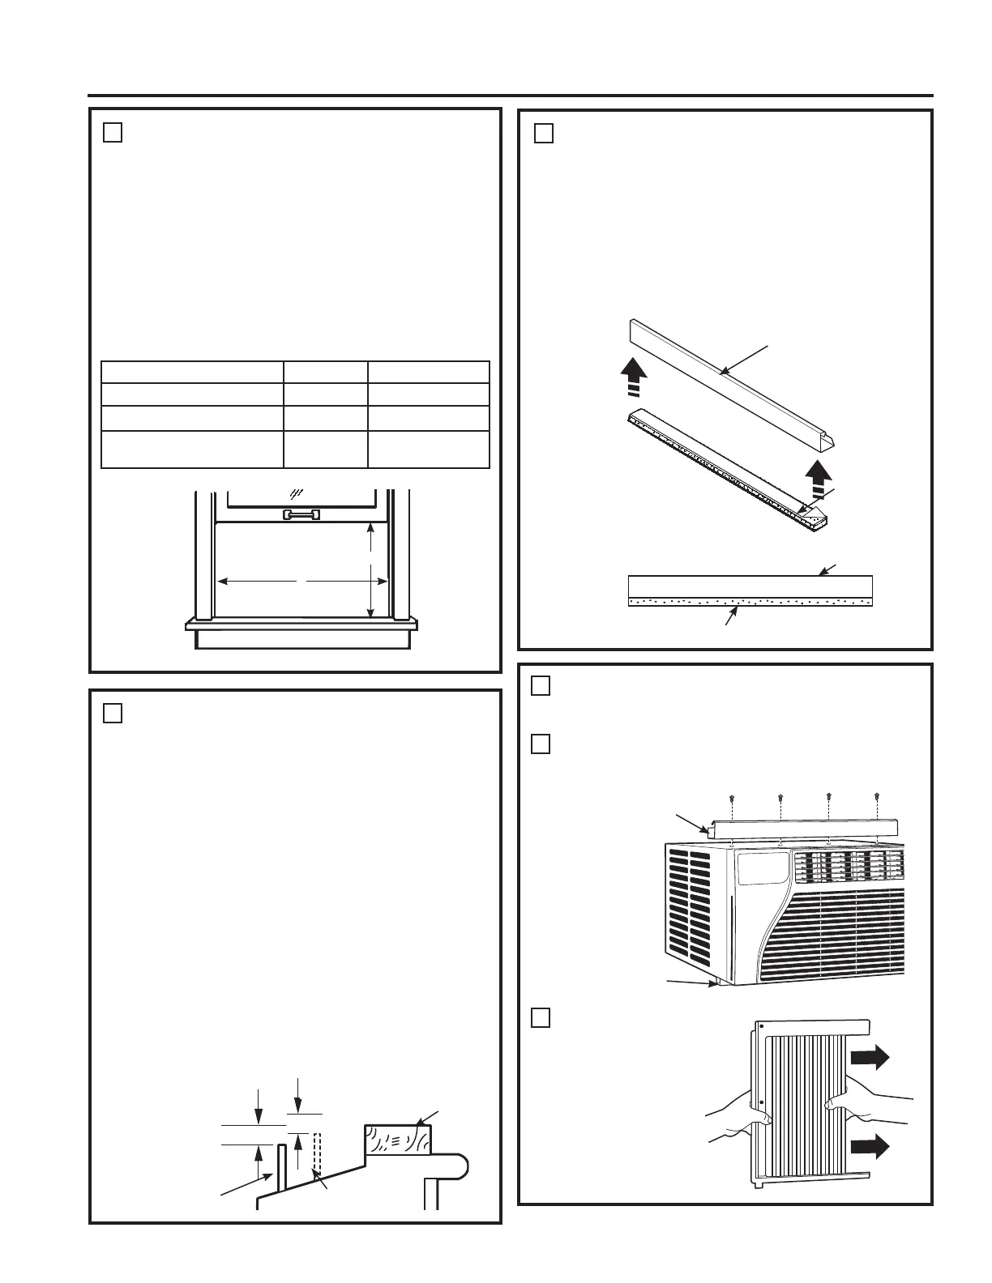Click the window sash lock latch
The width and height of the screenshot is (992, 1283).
click(301, 514)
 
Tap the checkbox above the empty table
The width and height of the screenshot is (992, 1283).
click(113, 133)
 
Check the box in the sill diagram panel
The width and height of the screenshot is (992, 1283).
click(113, 714)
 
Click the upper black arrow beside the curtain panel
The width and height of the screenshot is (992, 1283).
click(870, 1058)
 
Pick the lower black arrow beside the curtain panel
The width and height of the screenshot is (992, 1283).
click(870, 1147)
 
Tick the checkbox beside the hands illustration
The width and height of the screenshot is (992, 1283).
click(541, 1017)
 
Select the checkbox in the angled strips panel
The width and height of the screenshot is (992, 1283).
click(544, 133)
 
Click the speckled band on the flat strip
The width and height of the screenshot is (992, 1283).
click(750, 602)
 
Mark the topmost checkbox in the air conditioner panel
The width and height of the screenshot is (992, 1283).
click(541, 685)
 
